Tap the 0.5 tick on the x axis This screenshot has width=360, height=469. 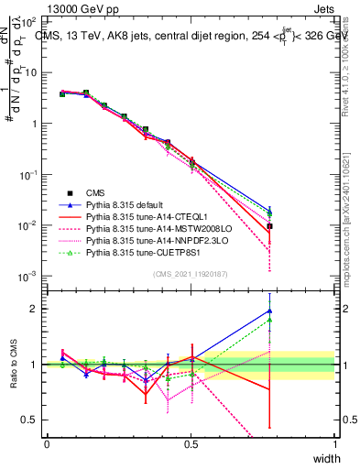point(191,444)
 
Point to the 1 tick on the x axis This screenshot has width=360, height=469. point(334,444)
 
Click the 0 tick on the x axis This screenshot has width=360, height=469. point(47,444)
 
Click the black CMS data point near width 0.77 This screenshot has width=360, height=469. point(269,226)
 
